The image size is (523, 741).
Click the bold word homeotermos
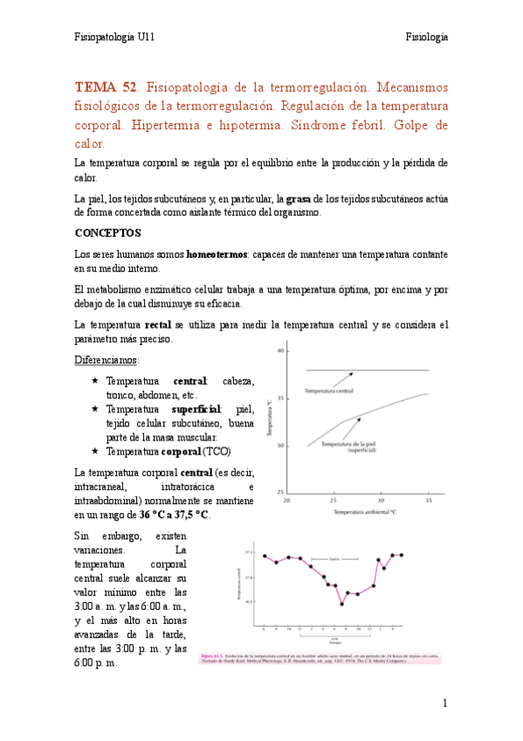tap(219, 254)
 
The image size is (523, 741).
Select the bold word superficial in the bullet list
tap(200, 409)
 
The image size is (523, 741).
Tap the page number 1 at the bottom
tap(444, 703)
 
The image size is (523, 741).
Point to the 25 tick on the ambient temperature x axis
tap(333, 501)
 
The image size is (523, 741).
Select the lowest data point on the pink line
tap(341, 604)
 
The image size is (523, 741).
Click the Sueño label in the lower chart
tap(334, 558)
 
